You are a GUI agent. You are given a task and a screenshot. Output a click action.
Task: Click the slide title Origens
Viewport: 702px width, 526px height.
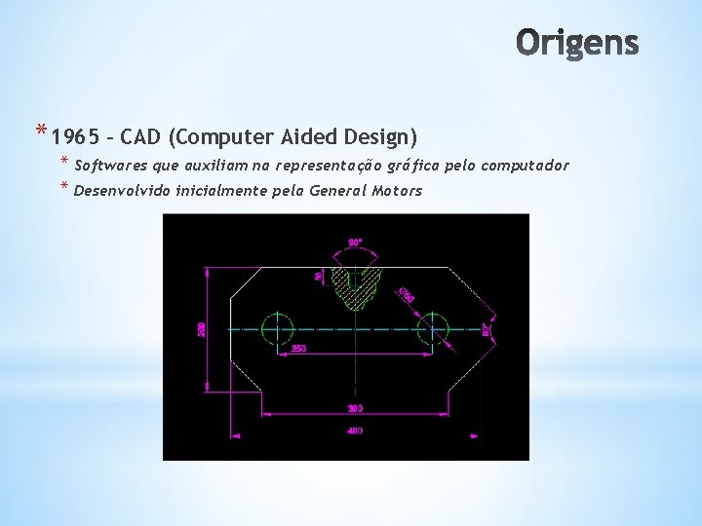point(577,43)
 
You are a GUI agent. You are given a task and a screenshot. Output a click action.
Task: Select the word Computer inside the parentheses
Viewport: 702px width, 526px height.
point(230,135)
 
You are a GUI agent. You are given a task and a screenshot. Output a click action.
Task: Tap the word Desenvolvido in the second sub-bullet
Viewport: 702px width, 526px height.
point(123,190)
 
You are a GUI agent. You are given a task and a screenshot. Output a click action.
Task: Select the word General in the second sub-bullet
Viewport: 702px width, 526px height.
point(338,190)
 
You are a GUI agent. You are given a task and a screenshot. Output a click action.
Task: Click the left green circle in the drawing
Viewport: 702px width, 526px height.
point(278,328)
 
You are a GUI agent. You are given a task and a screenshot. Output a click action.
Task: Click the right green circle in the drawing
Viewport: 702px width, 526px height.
point(433,328)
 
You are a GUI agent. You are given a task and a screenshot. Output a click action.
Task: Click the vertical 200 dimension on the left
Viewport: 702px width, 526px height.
point(201,329)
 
